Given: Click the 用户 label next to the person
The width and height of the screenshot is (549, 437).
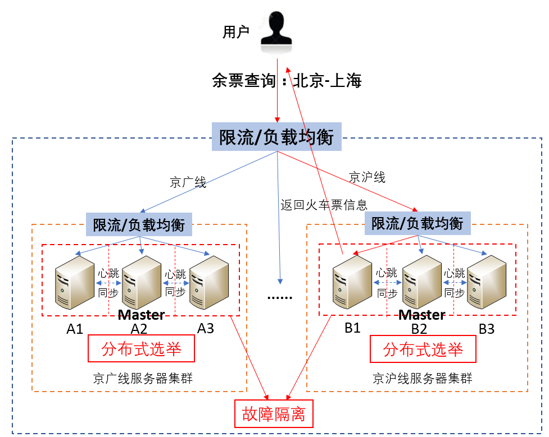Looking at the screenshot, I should tap(236, 33).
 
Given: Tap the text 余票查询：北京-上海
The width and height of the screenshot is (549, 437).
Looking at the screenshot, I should tap(287, 81).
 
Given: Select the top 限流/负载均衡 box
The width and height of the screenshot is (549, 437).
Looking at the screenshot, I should tap(276, 137).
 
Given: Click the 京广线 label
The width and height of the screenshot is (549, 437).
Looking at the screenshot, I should tap(188, 182).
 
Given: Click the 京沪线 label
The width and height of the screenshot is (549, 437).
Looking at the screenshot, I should tap(367, 177).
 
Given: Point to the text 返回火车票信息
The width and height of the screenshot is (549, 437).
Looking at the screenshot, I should tap(324, 205).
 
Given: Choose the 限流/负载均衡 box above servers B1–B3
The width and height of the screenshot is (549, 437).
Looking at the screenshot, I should tap(418, 223).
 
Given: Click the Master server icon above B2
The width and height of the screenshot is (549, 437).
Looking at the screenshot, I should tap(421, 283).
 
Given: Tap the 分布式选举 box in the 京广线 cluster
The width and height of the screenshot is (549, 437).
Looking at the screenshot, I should tap(142, 349).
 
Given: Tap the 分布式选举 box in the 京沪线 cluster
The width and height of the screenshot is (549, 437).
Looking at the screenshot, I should tap(423, 349).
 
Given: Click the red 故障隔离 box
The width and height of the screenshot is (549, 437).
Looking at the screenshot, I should tap(273, 414).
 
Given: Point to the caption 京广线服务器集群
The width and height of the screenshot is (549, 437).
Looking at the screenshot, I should tap(143, 378).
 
